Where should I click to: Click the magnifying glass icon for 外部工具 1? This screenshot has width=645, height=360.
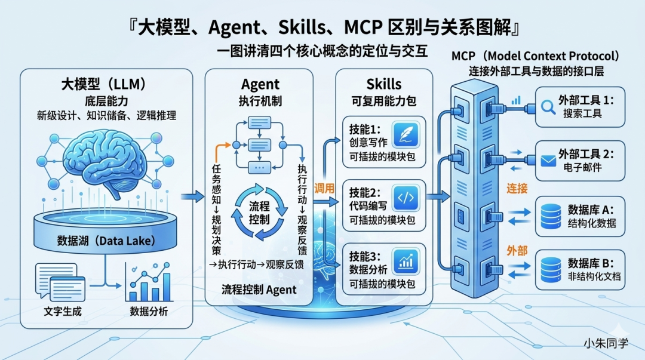pyautogui.click(x=548, y=106)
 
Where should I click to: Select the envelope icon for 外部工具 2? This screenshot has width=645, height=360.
pyautogui.click(x=548, y=161)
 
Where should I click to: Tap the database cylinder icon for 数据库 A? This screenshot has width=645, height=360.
pyautogui.click(x=551, y=217)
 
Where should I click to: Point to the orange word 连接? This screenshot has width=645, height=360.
pyautogui.click(x=517, y=189)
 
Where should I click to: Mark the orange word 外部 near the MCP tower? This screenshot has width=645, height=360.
pyautogui.click(x=517, y=251)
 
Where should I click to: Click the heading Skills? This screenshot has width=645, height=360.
pyautogui.click(x=383, y=84)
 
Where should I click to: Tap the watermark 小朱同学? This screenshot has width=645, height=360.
pyautogui.click(x=606, y=344)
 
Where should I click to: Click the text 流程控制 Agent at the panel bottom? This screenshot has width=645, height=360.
pyautogui.click(x=259, y=290)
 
